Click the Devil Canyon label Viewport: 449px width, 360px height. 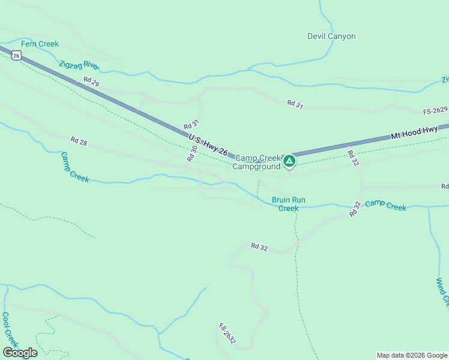tap(331, 37)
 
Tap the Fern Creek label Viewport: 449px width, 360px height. tap(40, 44)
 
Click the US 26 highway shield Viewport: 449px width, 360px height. tap(17, 55)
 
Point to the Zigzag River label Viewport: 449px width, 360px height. tap(79, 65)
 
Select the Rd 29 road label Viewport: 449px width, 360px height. tap(91, 82)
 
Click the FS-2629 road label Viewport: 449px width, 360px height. tap(435, 110)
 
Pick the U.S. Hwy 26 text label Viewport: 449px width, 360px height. tap(208, 145)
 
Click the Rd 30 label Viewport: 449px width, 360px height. tap(192, 154)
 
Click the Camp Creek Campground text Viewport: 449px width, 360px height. tap(258, 162)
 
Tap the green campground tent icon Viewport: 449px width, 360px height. tap(289, 161)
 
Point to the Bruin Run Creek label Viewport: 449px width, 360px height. tap(285, 204)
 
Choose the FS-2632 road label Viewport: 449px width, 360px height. tap(228, 334)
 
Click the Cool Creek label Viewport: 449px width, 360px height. tap(8, 329)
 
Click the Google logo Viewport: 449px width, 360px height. tap(20, 353)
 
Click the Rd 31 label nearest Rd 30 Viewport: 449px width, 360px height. tap(191, 124)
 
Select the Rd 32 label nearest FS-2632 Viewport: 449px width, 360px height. tap(259, 246)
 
